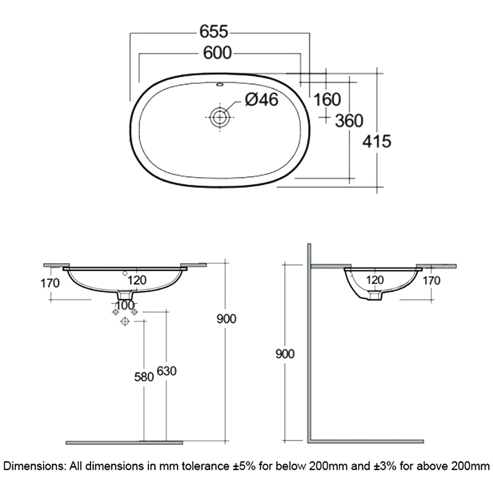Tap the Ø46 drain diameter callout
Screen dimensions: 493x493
point(261,100)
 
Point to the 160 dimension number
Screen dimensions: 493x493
point(327,99)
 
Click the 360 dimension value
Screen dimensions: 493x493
point(349,121)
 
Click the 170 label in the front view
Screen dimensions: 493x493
point(49,284)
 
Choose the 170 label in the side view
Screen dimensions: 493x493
point(433,281)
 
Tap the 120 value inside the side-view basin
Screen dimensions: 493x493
point(375,280)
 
